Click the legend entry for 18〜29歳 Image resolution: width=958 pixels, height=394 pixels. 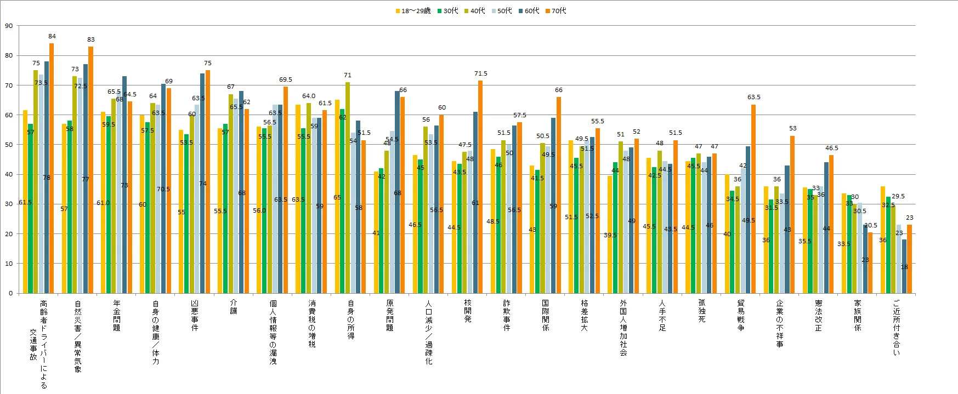point(413,11)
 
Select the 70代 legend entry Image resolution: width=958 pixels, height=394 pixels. point(555,11)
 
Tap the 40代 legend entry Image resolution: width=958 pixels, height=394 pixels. point(474,11)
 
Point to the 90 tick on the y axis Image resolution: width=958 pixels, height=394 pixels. point(9,26)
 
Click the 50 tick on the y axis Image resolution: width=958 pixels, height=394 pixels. point(9,145)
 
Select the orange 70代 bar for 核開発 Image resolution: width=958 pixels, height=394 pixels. point(480,186)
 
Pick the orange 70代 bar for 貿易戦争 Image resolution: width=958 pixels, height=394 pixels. point(753,197)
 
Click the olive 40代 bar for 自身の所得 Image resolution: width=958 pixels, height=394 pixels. point(348,186)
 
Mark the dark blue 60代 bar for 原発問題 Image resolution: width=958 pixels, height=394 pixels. point(397,192)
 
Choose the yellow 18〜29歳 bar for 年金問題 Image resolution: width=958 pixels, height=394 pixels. point(103,203)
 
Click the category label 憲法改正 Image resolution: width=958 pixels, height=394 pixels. point(819,315)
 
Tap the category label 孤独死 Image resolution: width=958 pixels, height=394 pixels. point(702,311)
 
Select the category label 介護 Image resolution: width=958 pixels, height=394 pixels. point(234,307)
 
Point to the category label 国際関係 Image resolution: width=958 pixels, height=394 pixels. point(546,315)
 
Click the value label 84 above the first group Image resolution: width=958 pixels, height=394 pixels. point(52,36)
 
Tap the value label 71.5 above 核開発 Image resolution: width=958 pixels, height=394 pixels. point(481,73)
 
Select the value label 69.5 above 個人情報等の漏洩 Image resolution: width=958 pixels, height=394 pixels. point(286,79)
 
